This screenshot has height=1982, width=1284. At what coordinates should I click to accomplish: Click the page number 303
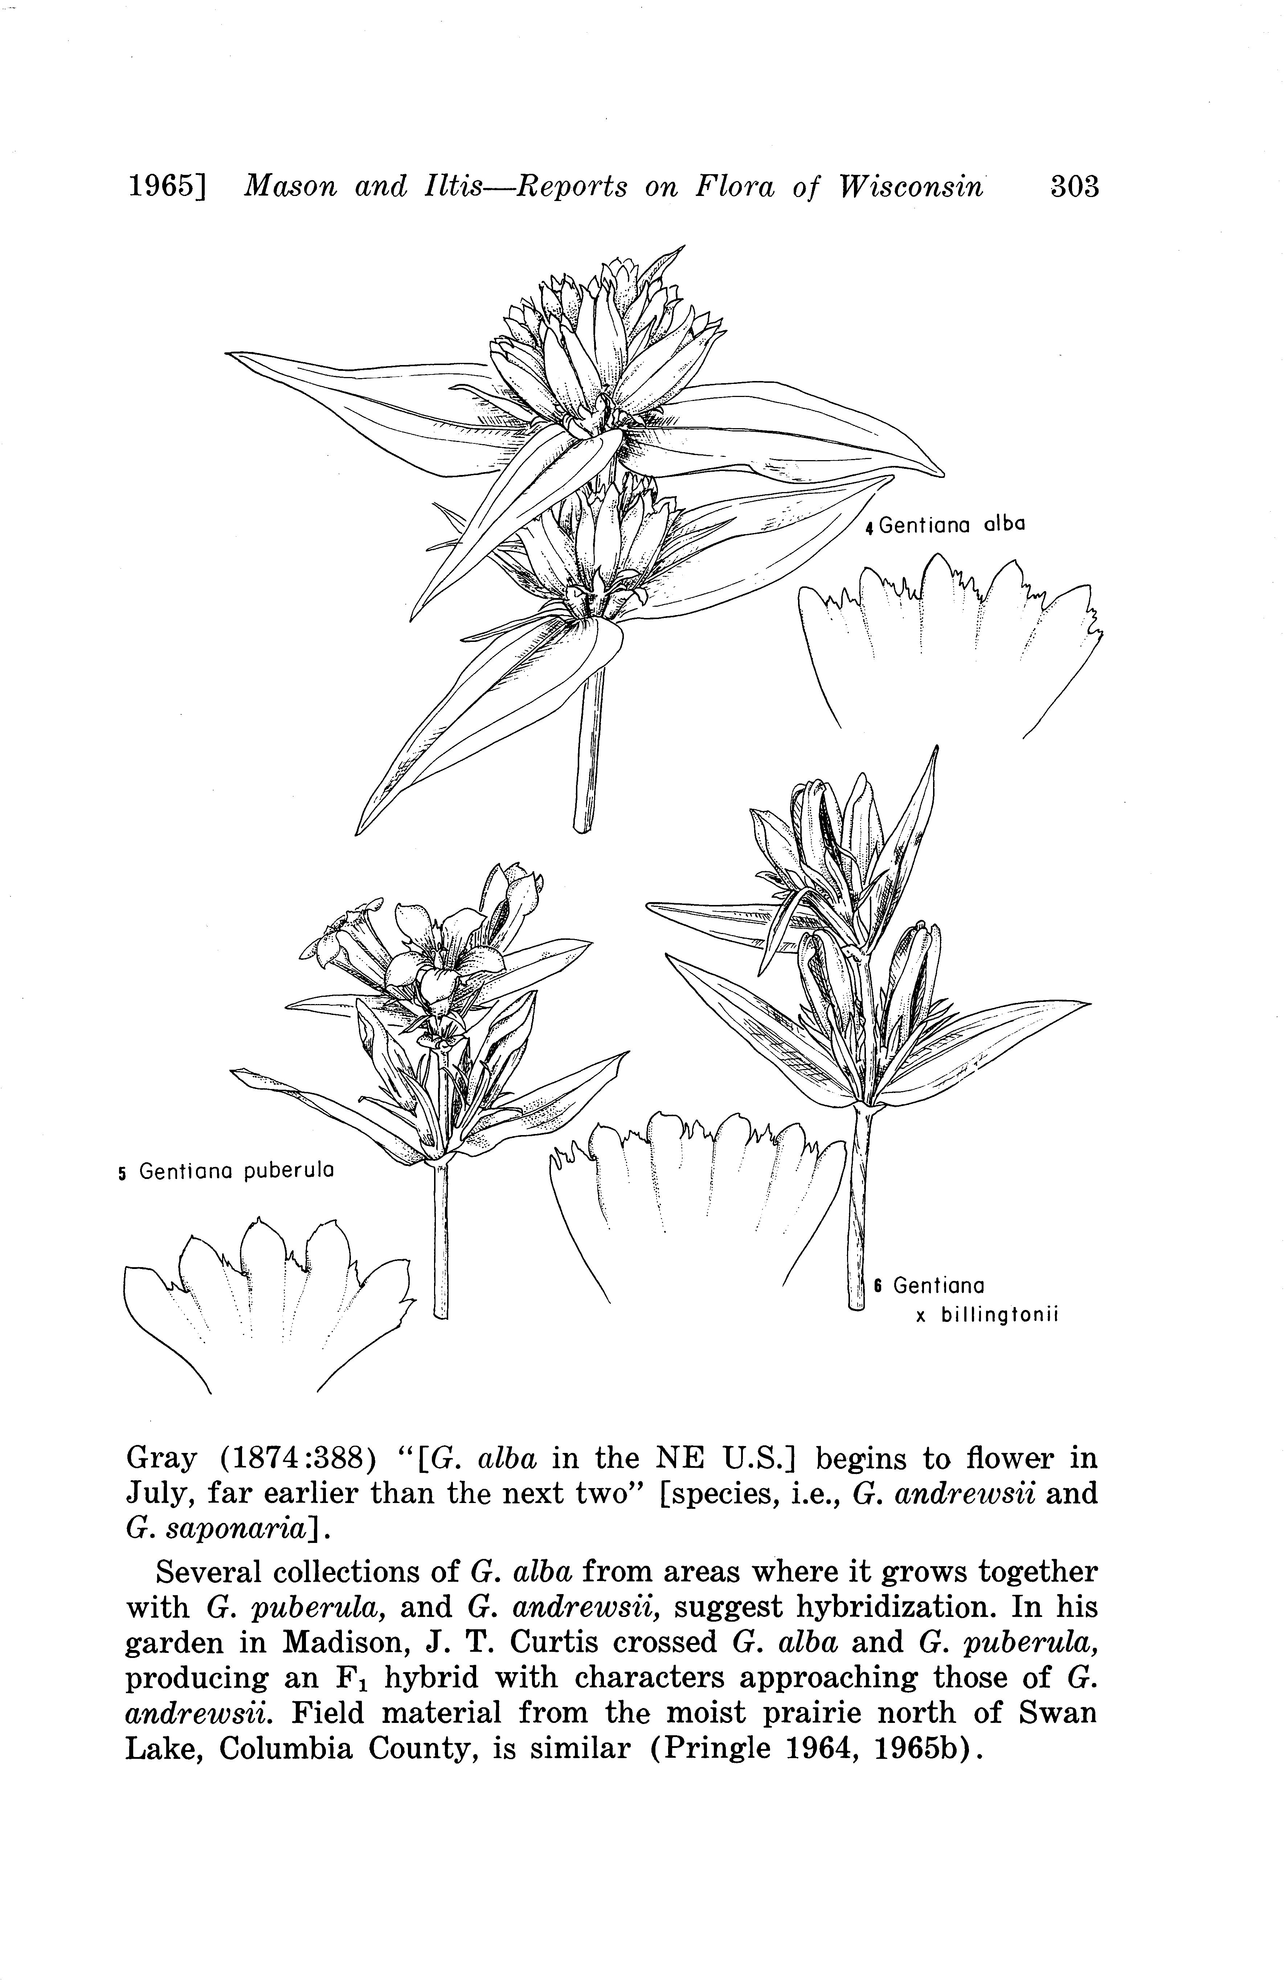(x=1074, y=186)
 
